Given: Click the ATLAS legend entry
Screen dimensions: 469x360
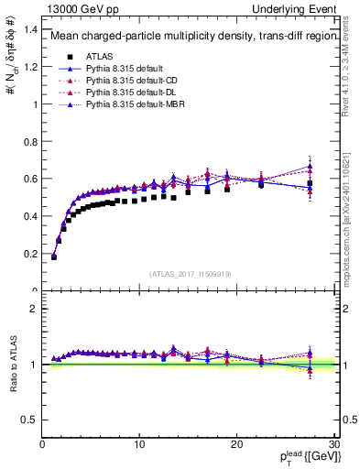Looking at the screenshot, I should pyautogui.click(x=101, y=57).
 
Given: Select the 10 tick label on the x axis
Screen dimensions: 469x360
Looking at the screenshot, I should pyautogui.click(x=139, y=444).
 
